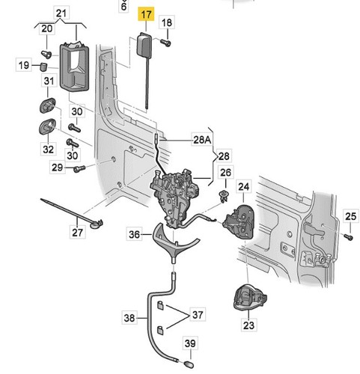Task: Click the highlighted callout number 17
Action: (146, 14)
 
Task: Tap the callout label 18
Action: (167, 22)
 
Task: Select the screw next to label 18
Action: (165, 43)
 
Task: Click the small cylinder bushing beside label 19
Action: (43, 67)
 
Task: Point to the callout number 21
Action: (61, 13)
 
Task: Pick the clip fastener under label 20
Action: (46, 54)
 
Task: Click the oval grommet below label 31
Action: (47, 105)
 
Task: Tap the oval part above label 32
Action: (47, 126)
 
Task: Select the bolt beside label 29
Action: (79, 168)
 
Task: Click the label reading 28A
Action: (202, 140)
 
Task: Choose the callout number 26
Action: (226, 172)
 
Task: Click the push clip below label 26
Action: (224, 197)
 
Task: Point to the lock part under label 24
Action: (239, 221)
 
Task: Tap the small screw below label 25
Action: (348, 236)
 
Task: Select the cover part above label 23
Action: (250, 297)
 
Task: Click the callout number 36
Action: (134, 234)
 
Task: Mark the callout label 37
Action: (198, 314)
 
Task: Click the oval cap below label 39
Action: (189, 364)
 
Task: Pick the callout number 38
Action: (129, 318)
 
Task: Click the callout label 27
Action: (77, 233)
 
